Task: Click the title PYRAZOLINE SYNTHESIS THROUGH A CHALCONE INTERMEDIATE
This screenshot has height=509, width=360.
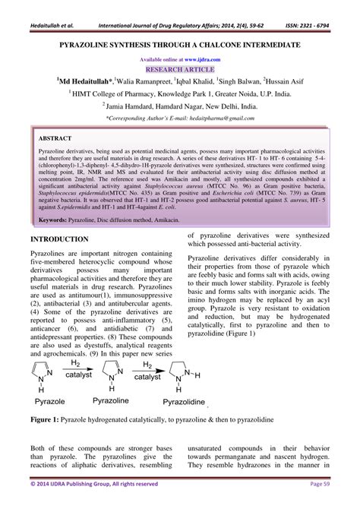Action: coord(180,46)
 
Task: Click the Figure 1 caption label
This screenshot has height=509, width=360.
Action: coord(47,418)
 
